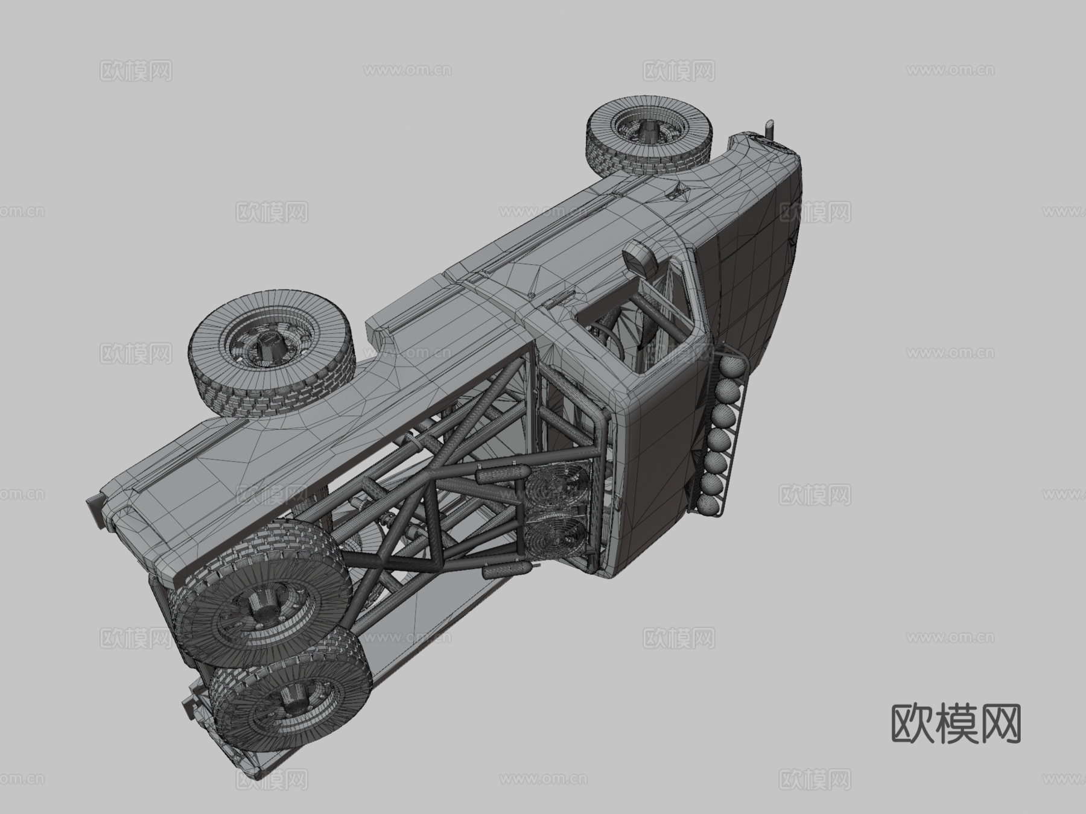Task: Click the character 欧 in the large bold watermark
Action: (913, 724)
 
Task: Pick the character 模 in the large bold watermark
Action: (956, 724)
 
